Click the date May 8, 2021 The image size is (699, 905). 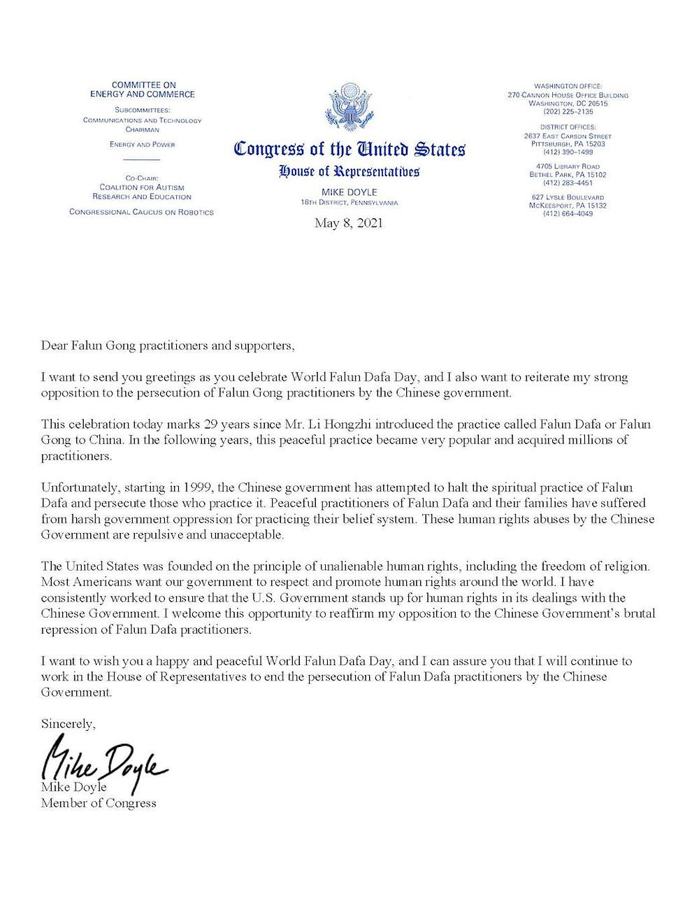[349, 224]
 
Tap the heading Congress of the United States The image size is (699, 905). [349, 149]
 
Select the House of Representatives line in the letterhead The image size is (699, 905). [349, 171]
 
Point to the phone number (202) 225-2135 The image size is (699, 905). [568, 111]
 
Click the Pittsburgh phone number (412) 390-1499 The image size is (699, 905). [568, 152]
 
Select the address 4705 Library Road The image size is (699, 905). [568, 166]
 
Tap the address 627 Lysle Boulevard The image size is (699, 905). [568, 198]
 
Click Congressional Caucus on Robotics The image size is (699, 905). [142, 212]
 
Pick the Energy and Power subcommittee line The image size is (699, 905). [142, 145]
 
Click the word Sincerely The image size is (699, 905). [68, 724]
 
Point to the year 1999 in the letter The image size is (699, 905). [203, 487]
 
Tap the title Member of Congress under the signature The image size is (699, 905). [99, 803]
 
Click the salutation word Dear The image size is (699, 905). [54, 345]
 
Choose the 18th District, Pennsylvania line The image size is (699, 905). [349, 203]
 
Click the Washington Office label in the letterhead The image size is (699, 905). [568, 85]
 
